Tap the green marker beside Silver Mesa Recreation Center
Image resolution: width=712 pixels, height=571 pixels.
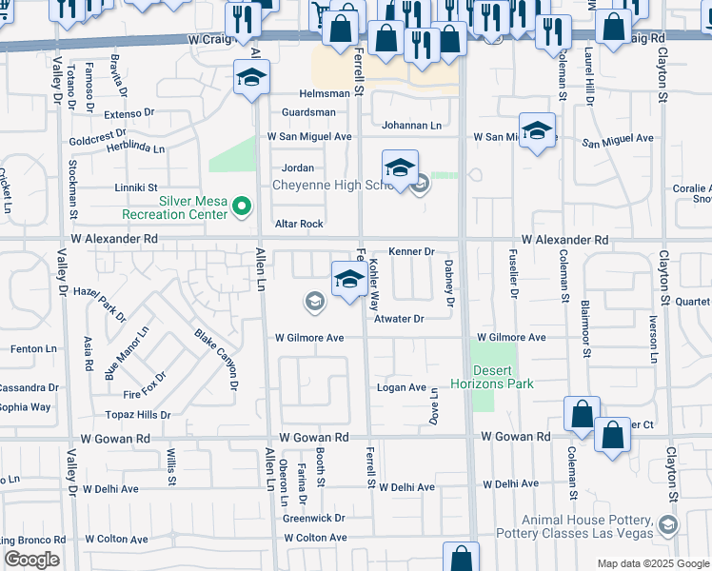click(242, 205)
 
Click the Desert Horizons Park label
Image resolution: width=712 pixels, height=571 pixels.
click(502, 377)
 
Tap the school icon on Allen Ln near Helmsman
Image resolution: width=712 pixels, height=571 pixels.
click(250, 79)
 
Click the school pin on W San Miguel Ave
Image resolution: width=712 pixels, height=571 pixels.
click(537, 131)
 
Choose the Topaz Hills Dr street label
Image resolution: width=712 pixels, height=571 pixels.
click(138, 415)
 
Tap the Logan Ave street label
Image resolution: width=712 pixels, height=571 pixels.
click(402, 387)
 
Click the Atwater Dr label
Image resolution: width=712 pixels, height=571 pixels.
click(398, 320)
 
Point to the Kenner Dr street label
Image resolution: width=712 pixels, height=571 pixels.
click(410, 252)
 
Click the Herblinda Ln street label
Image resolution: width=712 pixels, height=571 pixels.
click(134, 148)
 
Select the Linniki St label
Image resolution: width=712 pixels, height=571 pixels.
click(136, 188)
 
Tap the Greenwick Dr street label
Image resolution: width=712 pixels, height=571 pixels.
click(314, 519)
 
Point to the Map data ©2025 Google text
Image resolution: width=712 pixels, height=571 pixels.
click(653, 563)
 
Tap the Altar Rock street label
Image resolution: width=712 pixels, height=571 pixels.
click(299, 225)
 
